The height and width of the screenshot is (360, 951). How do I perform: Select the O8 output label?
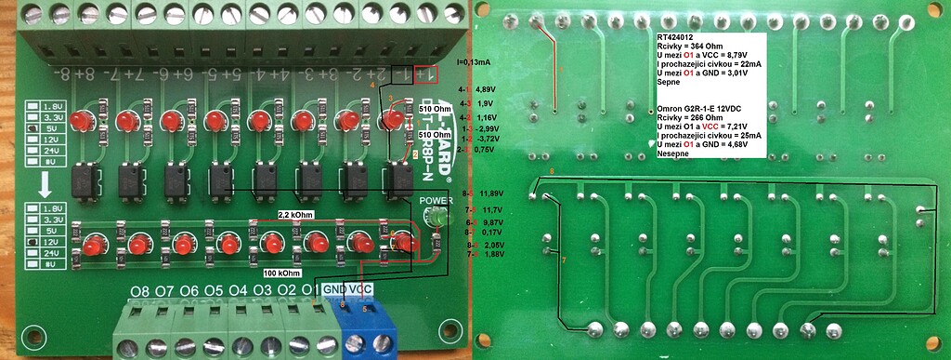coord(140,291)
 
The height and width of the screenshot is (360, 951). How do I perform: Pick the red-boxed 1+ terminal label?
coord(427,73)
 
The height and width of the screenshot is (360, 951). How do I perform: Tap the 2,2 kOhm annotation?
coord(295,214)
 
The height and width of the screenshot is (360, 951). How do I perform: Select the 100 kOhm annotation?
coord(283,273)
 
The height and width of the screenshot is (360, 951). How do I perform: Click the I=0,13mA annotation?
coord(474,62)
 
